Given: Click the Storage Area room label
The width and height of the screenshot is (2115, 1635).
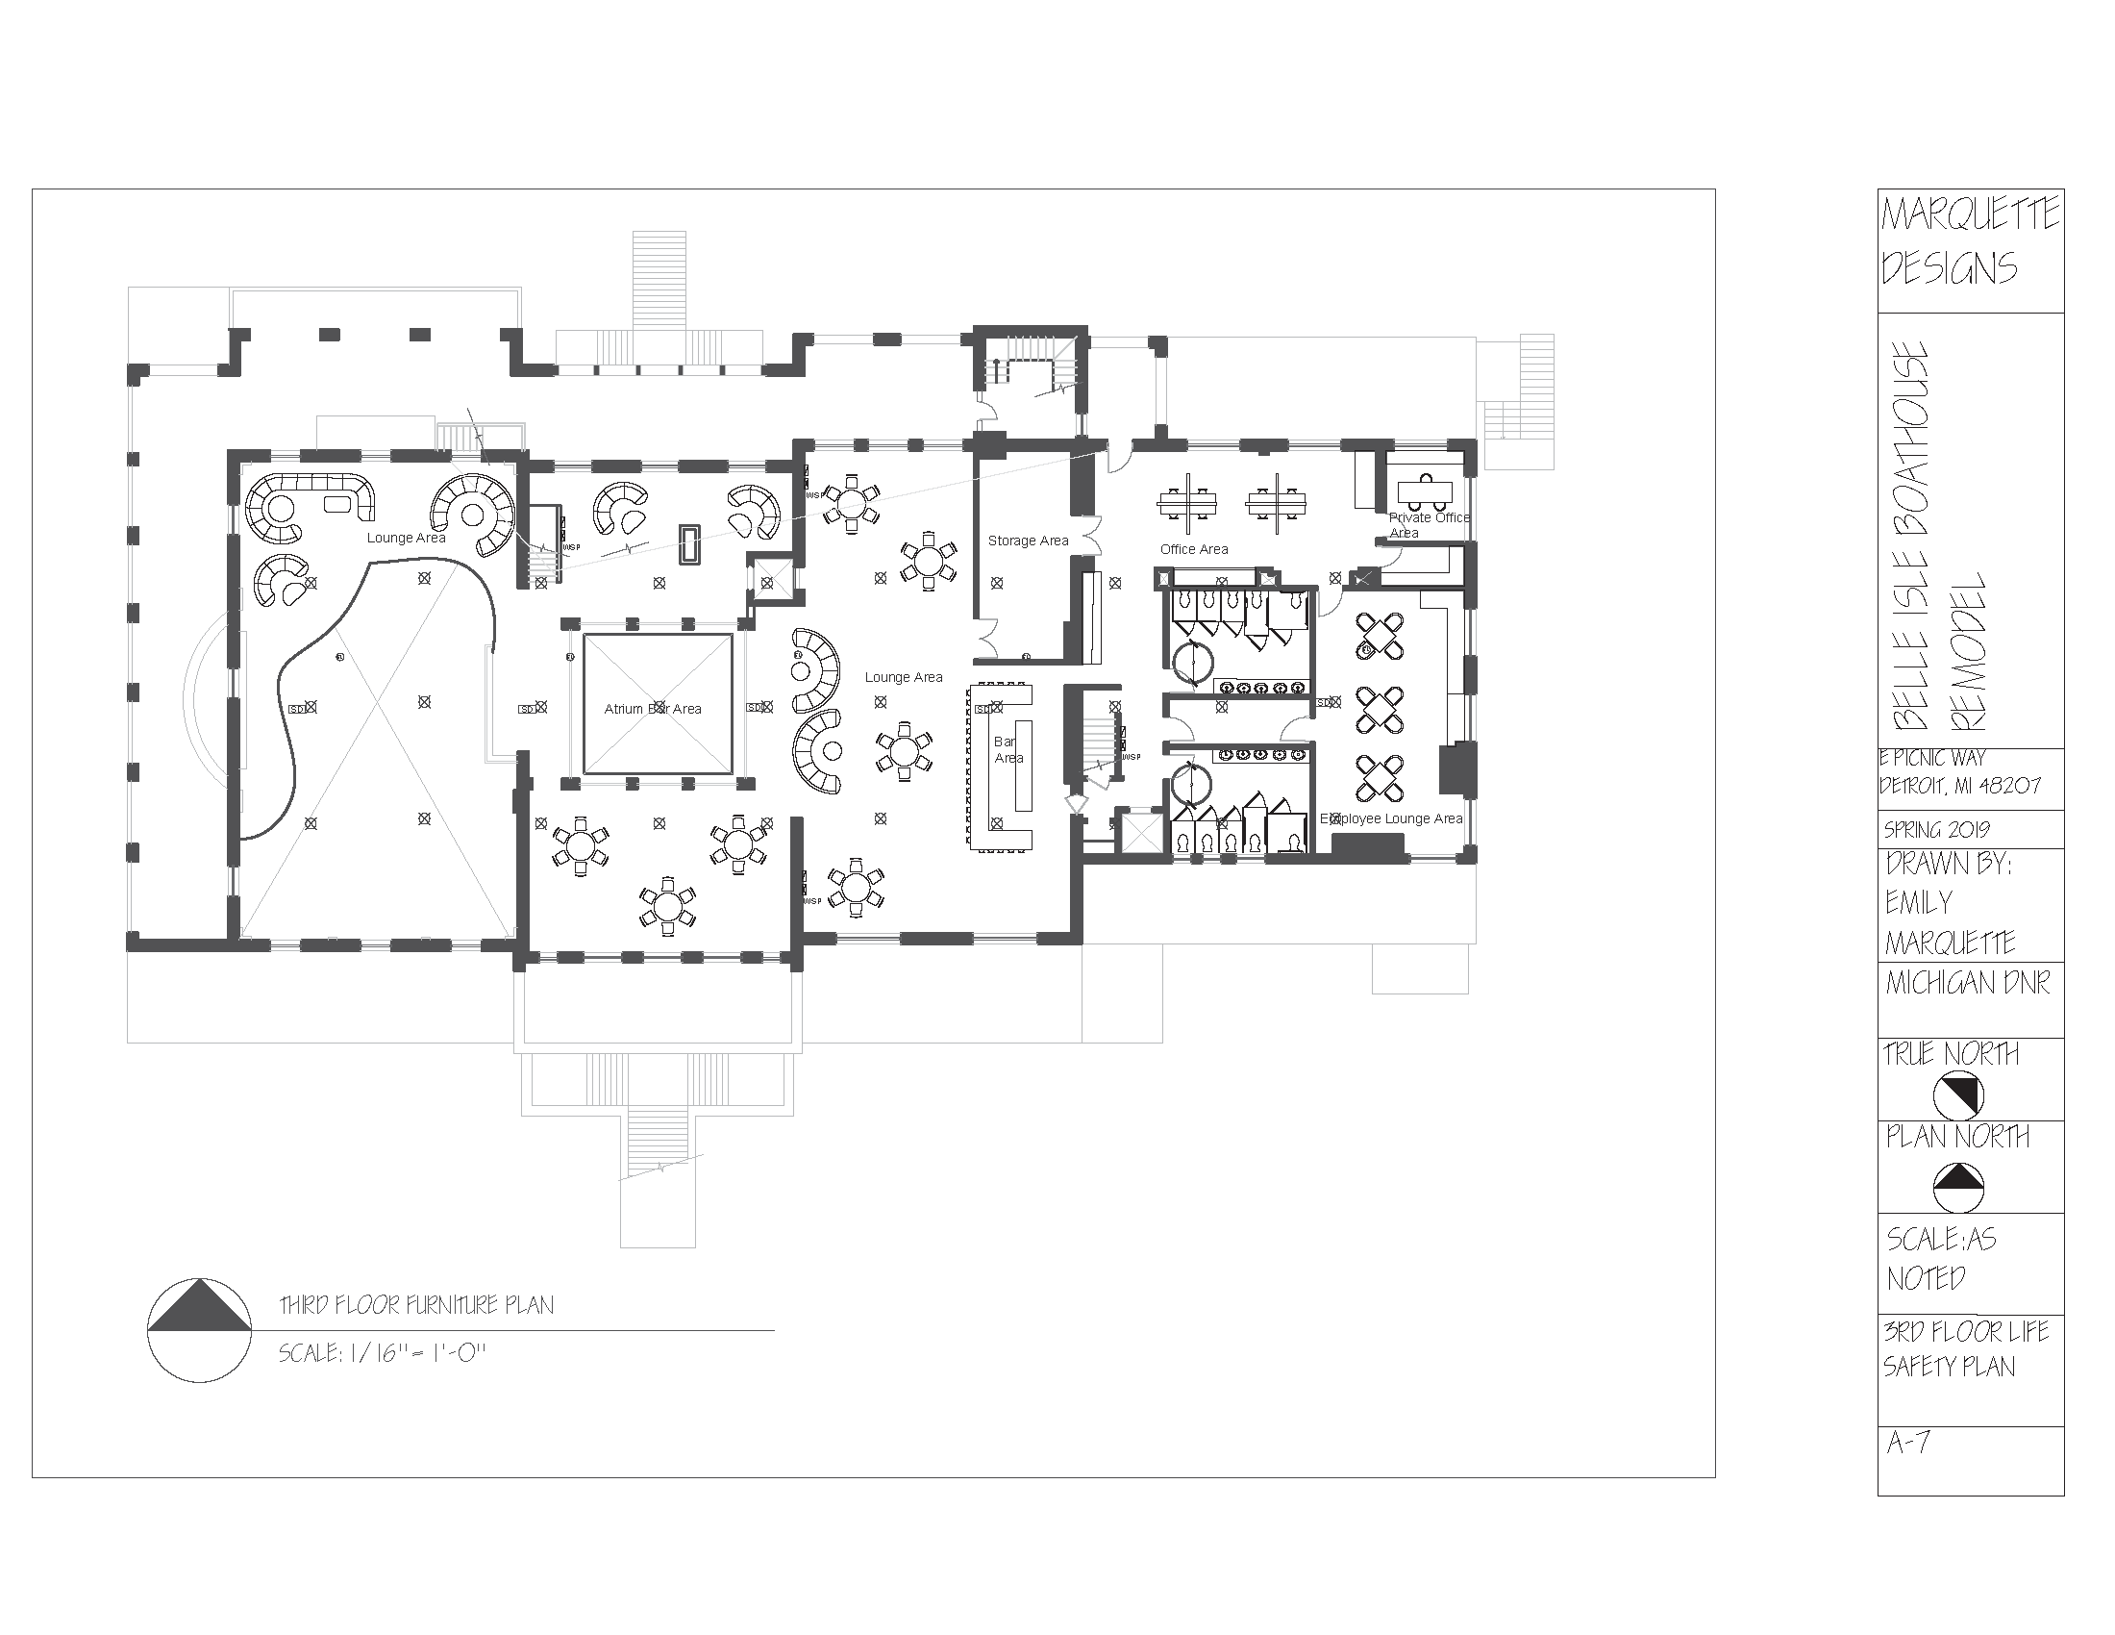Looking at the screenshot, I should (x=1028, y=541).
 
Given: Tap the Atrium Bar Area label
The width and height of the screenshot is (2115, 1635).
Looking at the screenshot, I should (x=653, y=709).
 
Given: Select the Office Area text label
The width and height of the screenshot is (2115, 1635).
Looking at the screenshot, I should (x=1193, y=549).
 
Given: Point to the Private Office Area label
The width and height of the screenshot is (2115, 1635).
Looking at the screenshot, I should (x=1428, y=525).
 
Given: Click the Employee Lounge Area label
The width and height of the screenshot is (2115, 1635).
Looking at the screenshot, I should (x=1391, y=818).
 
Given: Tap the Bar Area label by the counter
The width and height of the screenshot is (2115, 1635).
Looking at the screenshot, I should (x=1008, y=751).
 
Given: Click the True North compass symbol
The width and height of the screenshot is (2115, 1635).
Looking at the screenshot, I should (x=1957, y=1096).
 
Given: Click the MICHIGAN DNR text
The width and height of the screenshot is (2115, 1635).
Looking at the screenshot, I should (x=1967, y=984).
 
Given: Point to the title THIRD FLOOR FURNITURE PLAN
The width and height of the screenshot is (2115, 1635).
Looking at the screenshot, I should (x=416, y=1306).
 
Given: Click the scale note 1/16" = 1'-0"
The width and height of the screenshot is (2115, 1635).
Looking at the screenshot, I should (x=382, y=1353).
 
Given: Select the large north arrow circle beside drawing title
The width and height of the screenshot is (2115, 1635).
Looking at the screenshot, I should (x=201, y=1330).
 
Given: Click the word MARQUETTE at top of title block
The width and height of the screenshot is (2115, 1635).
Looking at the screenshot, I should (x=1970, y=215).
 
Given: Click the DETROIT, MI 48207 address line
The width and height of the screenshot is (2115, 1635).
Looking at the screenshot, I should (x=1960, y=786).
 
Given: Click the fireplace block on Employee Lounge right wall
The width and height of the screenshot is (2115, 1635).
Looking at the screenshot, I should (x=1454, y=769).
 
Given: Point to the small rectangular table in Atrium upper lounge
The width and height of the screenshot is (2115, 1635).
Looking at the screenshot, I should (x=689, y=543).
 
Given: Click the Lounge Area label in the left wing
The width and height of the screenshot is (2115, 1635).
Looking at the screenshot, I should (x=406, y=538).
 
